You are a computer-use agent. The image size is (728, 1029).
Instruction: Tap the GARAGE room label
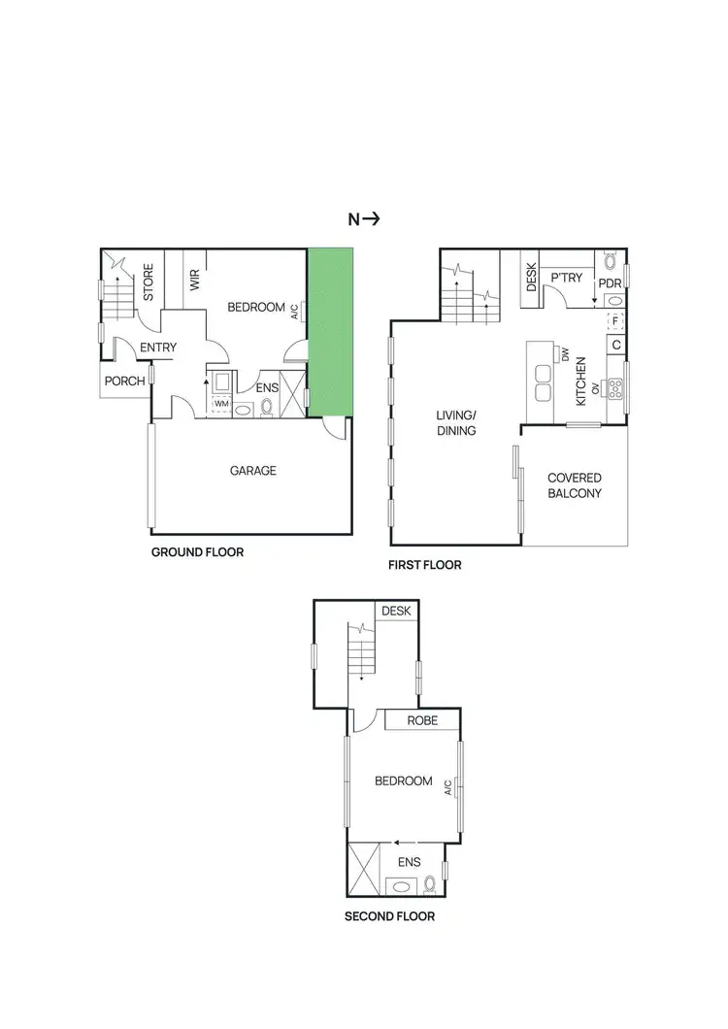coord(252,471)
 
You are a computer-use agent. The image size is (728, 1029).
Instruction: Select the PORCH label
coord(126,382)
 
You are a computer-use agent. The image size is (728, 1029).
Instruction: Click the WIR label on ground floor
coord(194,282)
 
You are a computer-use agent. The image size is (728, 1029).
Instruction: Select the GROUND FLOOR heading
coord(197,552)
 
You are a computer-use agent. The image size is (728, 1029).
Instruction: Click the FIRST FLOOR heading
coord(425,565)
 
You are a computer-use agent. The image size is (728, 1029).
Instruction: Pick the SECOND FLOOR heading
coord(389,915)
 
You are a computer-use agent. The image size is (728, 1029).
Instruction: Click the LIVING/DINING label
coord(456,424)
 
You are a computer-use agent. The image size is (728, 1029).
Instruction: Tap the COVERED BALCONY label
coord(575,485)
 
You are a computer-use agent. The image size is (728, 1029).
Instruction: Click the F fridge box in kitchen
coord(614,321)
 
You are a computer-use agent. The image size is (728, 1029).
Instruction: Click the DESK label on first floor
coord(530,280)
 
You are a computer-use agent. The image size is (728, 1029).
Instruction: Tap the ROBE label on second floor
coord(421,721)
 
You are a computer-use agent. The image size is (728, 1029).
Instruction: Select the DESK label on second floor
coord(397,612)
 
